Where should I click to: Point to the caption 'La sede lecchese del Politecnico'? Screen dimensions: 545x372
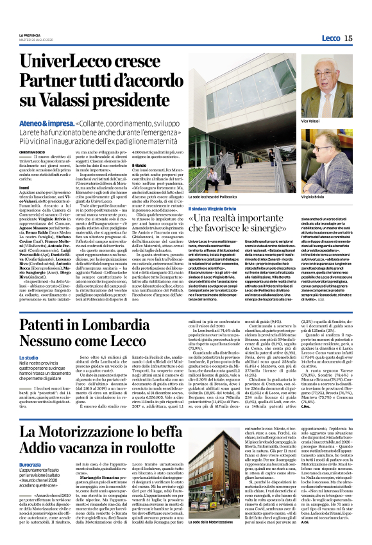[x=216, y=197]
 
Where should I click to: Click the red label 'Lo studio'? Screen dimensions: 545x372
[x=28, y=357]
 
